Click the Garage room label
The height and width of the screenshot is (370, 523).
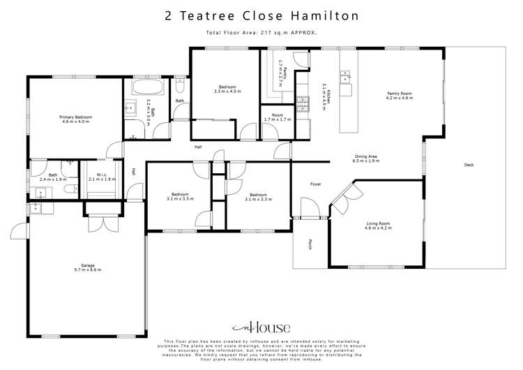coord(87,267)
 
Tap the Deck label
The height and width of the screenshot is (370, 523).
coord(469,165)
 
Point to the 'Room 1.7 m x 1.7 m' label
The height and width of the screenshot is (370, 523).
coord(277,117)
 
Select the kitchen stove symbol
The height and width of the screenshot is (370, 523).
coord(303,105)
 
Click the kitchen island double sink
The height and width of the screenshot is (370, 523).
coord(347,75)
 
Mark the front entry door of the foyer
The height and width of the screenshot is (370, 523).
coord(308,207)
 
